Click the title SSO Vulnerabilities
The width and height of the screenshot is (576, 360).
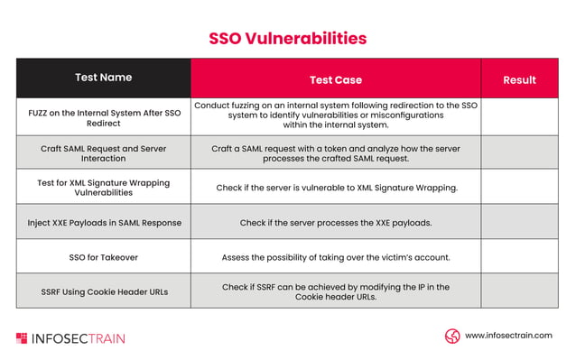point(287,38)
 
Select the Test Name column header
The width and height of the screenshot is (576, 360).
point(103,78)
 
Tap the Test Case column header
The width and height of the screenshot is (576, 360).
point(335,79)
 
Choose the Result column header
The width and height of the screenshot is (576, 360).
point(519,79)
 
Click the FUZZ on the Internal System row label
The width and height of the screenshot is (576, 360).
point(103,116)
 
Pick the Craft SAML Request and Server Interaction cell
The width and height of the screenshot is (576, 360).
point(103,152)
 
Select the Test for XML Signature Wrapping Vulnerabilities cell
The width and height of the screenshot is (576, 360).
point(103,187)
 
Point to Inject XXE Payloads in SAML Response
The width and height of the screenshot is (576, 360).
point(103,222)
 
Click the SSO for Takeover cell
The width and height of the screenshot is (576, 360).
point(103,257)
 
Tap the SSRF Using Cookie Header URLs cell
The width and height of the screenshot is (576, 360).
point(103,291)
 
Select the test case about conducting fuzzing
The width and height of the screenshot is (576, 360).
point(335,115)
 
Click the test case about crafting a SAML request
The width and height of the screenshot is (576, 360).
point(335,152)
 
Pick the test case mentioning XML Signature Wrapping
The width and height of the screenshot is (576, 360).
point(335,188)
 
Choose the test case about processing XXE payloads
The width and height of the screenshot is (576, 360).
point(335,222)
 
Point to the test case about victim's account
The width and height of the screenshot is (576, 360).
point(335,257)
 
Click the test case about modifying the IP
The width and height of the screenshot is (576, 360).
point(335,291)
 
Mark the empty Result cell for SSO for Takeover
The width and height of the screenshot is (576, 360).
point(519,257)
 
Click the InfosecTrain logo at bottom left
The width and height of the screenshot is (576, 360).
point(70,338)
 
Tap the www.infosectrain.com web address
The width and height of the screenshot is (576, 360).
point(508,336)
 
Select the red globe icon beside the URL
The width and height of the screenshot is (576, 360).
point(452,336)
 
